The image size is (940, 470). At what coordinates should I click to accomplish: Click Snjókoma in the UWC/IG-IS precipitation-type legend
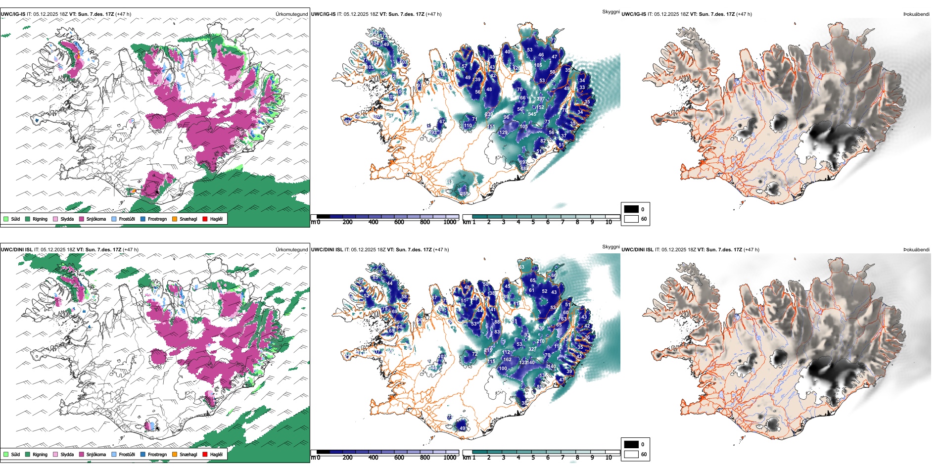(x=96, y=219)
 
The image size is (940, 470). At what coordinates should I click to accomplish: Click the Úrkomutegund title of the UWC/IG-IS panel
(x=291, y=14)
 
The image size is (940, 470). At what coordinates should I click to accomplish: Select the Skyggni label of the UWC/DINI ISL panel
(x=611, y=246)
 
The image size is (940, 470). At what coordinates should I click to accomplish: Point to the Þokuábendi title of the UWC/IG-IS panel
(x=916, y=14)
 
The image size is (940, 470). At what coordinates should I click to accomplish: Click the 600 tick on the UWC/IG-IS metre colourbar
(x=399, y=222)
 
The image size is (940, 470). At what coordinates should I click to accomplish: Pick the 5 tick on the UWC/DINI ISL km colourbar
(x=533, y=458)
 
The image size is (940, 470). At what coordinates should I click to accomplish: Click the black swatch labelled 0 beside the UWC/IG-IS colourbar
(x=631, y=209)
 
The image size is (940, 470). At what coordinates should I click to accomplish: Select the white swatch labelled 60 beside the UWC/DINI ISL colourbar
(x=631, y=454)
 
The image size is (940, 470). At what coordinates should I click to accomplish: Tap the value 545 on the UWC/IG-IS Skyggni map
(x=532, y=114)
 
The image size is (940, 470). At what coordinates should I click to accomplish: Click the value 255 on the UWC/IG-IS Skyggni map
(x=465, y=193)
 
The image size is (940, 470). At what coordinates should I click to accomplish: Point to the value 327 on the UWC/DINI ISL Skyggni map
(x=532, y=349)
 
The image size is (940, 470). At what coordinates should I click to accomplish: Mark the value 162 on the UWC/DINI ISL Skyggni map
(x=507, y=360)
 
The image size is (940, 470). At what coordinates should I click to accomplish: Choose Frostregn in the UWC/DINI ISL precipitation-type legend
(x=157, y=454)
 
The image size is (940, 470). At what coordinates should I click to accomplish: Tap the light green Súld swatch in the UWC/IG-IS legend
(x=6, y=219)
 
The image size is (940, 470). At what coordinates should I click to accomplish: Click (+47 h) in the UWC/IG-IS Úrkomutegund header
(x=123, y=14)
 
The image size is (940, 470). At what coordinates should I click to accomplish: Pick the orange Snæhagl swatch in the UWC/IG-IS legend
(x=175, y=219)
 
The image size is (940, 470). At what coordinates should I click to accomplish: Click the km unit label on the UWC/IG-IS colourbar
(x=466, y=222)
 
